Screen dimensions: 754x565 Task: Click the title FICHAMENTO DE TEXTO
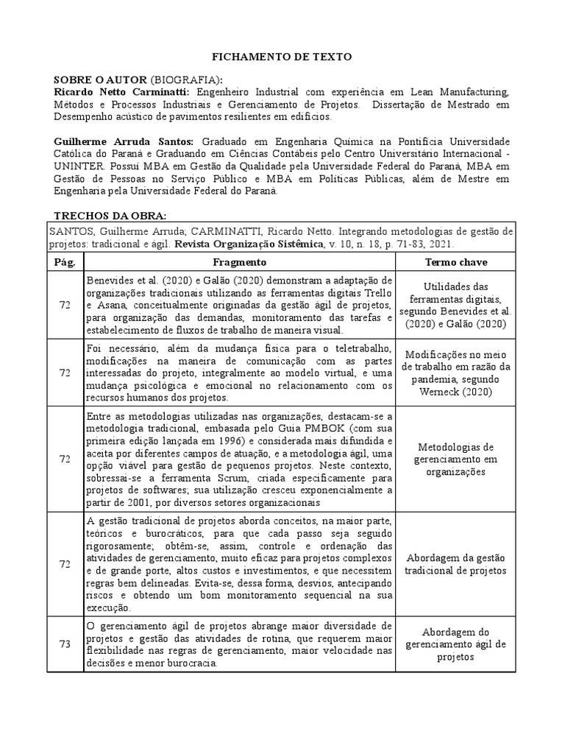[x=282, y=56]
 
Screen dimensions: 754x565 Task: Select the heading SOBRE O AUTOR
[x=101, y=80]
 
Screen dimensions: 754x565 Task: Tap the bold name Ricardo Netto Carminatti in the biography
[x=121, y=92]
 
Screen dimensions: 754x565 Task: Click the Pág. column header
[x=65, y=262]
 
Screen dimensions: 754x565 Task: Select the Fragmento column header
[x=240, y=262]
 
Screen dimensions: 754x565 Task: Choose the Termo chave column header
[x=455, y=262]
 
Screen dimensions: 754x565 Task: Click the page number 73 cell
[x=65, y=644]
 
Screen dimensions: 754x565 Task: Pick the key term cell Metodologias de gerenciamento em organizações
[x=455, y=459]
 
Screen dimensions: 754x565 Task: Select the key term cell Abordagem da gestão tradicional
[x=455, y=564]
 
